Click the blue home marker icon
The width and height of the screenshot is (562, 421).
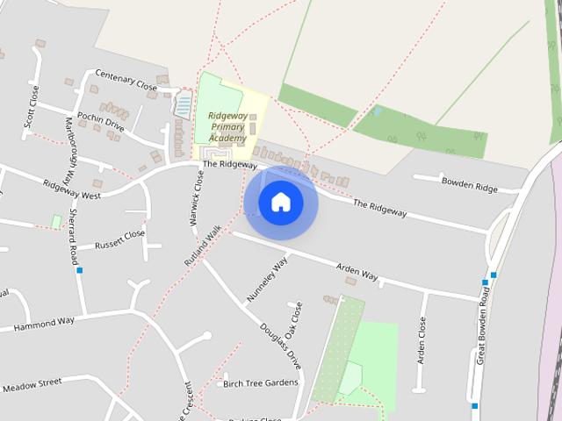click(280, 202)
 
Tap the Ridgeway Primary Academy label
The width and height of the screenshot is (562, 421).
click(227, 126)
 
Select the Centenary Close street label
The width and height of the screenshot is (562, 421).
click(126, 81)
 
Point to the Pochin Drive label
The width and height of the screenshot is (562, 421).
click(101, 120)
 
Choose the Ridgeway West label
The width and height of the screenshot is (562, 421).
click(72, 189)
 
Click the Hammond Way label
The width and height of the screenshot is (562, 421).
click(43, 325)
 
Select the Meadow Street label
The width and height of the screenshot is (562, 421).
click(32, 385)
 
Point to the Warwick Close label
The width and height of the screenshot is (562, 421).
click(198, 198)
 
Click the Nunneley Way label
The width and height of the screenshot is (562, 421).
click(267, 280)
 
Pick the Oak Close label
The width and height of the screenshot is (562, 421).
click(294, 321)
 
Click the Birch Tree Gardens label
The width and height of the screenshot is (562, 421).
click(261, 382)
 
